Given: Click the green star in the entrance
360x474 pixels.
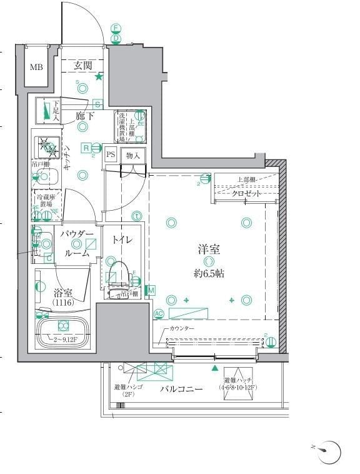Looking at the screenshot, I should (99, 78).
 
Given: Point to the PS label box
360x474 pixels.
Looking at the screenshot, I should (111, 154).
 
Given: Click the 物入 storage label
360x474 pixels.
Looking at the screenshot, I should (132, 154).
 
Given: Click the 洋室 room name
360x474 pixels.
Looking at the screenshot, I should (209, 250).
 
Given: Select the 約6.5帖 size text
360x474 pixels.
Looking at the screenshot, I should (209, 274).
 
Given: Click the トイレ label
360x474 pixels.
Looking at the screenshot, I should (122, 240).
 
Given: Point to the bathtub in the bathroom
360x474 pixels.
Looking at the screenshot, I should (62, 326).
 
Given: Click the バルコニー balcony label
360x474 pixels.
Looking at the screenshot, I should (181, 388).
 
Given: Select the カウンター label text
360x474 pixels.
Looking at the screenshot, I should (182, 329).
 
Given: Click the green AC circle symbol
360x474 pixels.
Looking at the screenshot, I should (158, 314).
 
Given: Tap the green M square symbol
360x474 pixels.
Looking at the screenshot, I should (150, 290).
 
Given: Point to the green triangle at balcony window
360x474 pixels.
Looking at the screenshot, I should (215, 369).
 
